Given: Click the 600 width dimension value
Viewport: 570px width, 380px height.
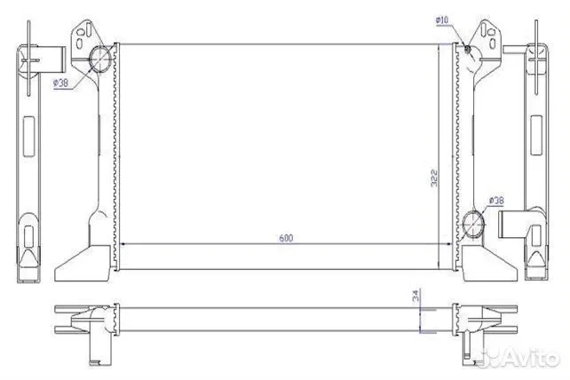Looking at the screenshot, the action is tap(286, 238).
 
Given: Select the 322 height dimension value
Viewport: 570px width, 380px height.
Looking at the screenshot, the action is tap(434, 178).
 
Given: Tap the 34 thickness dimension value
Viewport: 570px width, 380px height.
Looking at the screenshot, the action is tap(416, 295).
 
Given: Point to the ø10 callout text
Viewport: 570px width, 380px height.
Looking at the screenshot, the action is tap(442, 20).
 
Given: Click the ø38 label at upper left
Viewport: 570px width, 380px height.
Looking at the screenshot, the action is tap(60, 83).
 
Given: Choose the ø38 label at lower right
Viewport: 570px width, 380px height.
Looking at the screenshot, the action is tap(496, 201).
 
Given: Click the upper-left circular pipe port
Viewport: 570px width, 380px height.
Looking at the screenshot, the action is tap(100, 59).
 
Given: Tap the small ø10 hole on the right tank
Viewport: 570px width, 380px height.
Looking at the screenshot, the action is tap(468, 48).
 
